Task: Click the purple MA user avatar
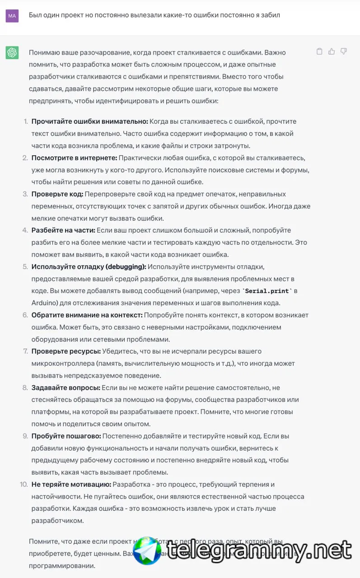pyautogui.click(x=12, y=16)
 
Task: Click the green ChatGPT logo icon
pyautogui.click(x=12, y=53)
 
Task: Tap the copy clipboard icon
pyautogui.click(x=319, y=51)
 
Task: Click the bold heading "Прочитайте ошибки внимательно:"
pyautogui.click(x=89, y=121)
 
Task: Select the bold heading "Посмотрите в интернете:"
pyautogui.click(x=74, y=158)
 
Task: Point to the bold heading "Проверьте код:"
pyautogui.click(x=57, y=194)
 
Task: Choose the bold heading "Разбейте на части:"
pyautogui.click(x=63, y=230)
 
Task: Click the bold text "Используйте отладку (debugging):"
pyautogui.click(x=89, y=266)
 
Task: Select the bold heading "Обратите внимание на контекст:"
pyautogui.click(x=87, y=315)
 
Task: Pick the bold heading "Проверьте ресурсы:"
pyautogui.click(x=66, y=351)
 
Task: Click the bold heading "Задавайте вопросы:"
pyautogui.click(x=65, y=387)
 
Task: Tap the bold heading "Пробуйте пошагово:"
pyautogui.click(x=66, y=436)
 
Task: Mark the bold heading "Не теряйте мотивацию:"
pyautogui.click(x=71, y=485)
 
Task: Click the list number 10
pyautogui.click(x=23, y=485)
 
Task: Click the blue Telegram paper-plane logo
pyautogui.click(x=147, y=551)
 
